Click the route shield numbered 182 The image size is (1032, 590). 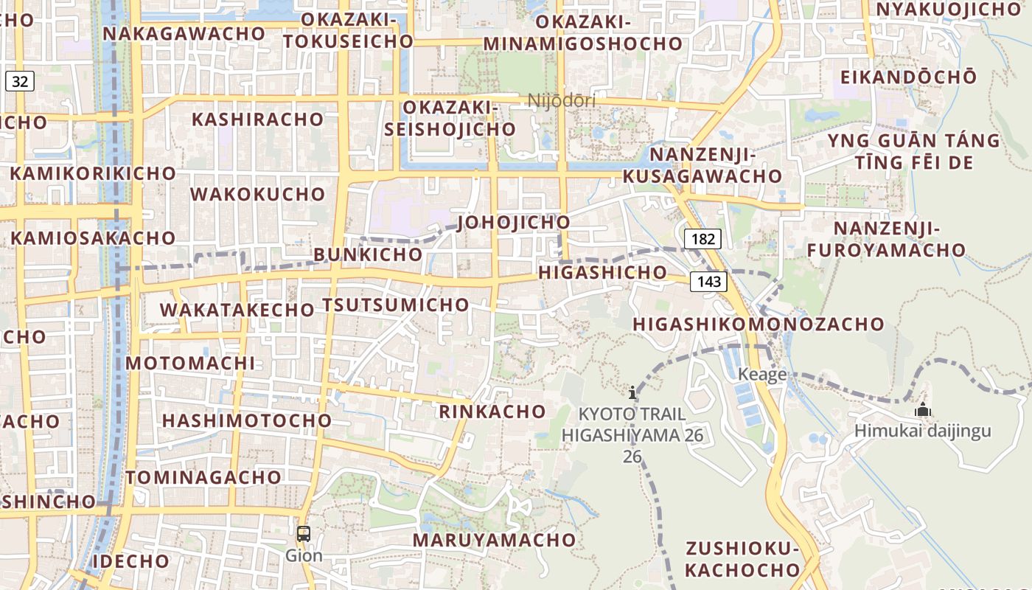coord(702,238)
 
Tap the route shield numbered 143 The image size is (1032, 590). coord(709,281)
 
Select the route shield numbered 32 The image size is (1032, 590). coord(20,81)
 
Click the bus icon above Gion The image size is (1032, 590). coord(304,534)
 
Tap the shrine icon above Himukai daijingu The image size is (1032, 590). coord(922,409)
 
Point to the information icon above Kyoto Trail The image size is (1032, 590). coord(632,392)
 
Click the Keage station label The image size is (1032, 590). coord(762,375)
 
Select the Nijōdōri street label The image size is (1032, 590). coord(562,100)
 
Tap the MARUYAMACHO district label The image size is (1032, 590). coord(494,540)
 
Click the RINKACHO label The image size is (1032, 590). coord(492,412)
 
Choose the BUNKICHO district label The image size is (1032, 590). coord(369,254)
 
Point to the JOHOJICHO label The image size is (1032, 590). coord(514,222)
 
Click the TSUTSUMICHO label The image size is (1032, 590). coord(396,305)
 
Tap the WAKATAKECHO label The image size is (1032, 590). coord(237,310)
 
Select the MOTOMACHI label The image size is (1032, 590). coord(190,363)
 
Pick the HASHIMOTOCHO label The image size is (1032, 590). coord(247,420)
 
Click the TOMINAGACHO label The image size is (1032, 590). coord(203,477)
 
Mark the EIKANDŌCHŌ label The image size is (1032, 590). coord(908,77)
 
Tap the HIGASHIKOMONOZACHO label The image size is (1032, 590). coord(759,324)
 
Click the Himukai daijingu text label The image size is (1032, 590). coord(923,431)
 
